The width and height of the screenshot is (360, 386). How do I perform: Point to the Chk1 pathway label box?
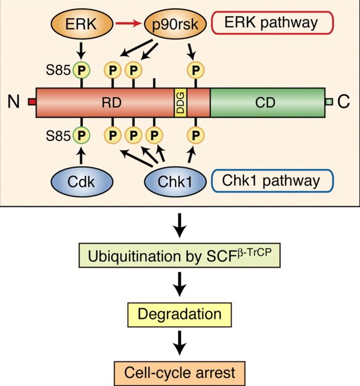tap(272, 181)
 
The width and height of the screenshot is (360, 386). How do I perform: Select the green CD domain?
tap(267, 102)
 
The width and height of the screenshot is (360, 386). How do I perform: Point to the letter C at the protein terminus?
tap(343, 102)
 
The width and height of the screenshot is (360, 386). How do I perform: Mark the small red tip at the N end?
tap(31, 103)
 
